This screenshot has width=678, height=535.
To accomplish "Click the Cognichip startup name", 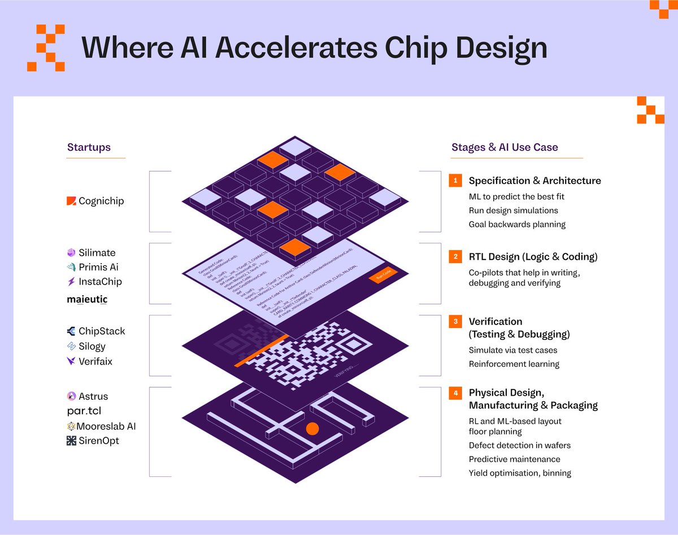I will (x=101, y=201).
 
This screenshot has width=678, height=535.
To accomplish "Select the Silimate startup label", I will (x=97, y=253).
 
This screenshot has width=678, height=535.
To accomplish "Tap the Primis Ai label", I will (x=99, y=267).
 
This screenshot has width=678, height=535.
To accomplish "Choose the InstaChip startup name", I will (x=100, y=282).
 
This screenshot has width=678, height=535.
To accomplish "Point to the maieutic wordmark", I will (x=87, y=299).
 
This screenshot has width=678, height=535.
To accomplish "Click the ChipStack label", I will (x=102, y=331).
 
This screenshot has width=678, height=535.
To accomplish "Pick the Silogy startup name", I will (x=92, y=347).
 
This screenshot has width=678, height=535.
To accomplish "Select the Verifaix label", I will (x=95, y=361).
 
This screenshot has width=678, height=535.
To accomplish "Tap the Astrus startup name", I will (x=93, y=397).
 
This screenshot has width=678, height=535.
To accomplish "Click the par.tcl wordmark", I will (x=84, y=411).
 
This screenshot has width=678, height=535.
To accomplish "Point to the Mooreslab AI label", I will (x=107, y=427).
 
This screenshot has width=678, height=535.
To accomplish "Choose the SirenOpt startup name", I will (x=99, y=441).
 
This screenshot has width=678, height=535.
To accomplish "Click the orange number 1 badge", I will (x=455, y=181).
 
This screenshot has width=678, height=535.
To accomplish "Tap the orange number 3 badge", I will (x=455, y=322).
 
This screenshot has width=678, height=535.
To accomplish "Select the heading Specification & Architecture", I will (x=534, y=181).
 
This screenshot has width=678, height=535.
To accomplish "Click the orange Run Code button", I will (x=383, y=275).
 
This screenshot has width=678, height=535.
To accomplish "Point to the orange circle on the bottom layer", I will (x=312, y=429).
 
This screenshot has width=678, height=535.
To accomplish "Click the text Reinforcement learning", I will (x=514, y=364).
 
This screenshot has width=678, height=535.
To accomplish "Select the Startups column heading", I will (x=89, y=148).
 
